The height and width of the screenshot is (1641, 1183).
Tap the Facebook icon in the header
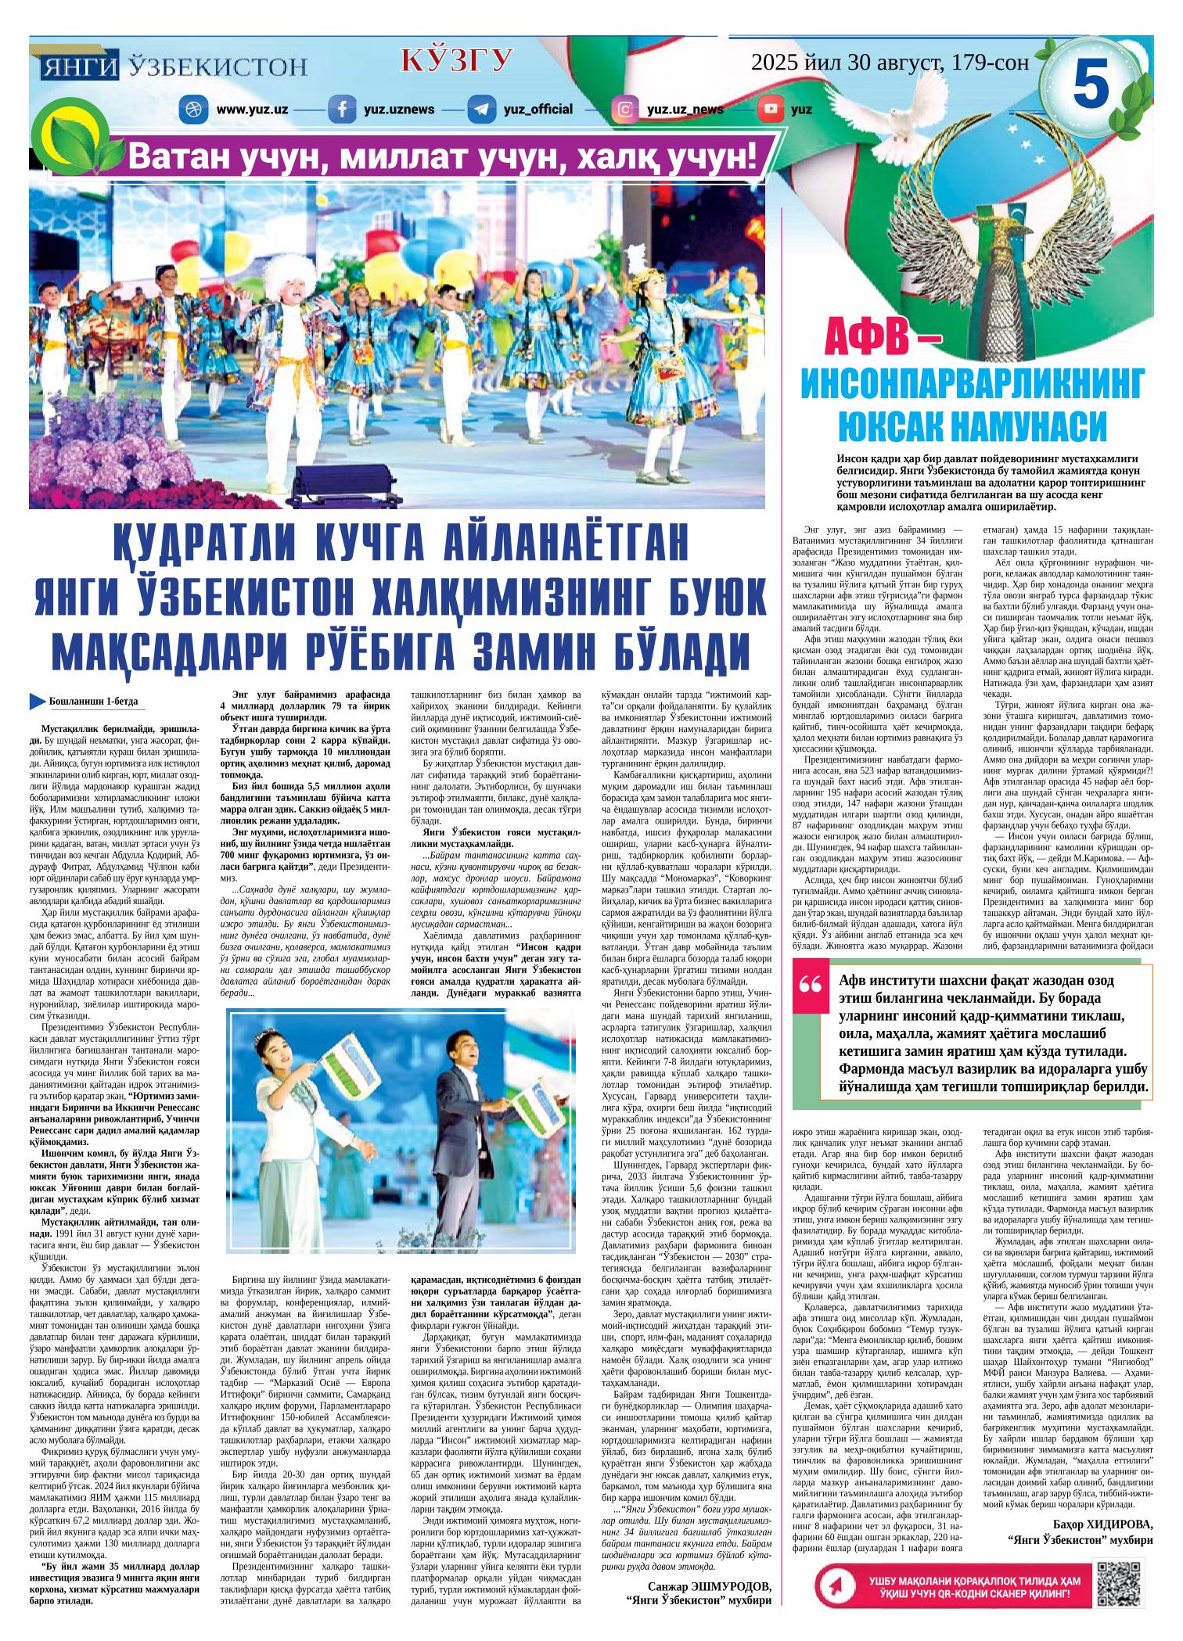(340, 109)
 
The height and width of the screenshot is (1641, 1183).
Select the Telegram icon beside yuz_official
(479, 109)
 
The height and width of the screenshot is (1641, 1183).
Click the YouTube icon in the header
(772, 109)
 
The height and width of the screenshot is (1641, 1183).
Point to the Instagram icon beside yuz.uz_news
(624, 109)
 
